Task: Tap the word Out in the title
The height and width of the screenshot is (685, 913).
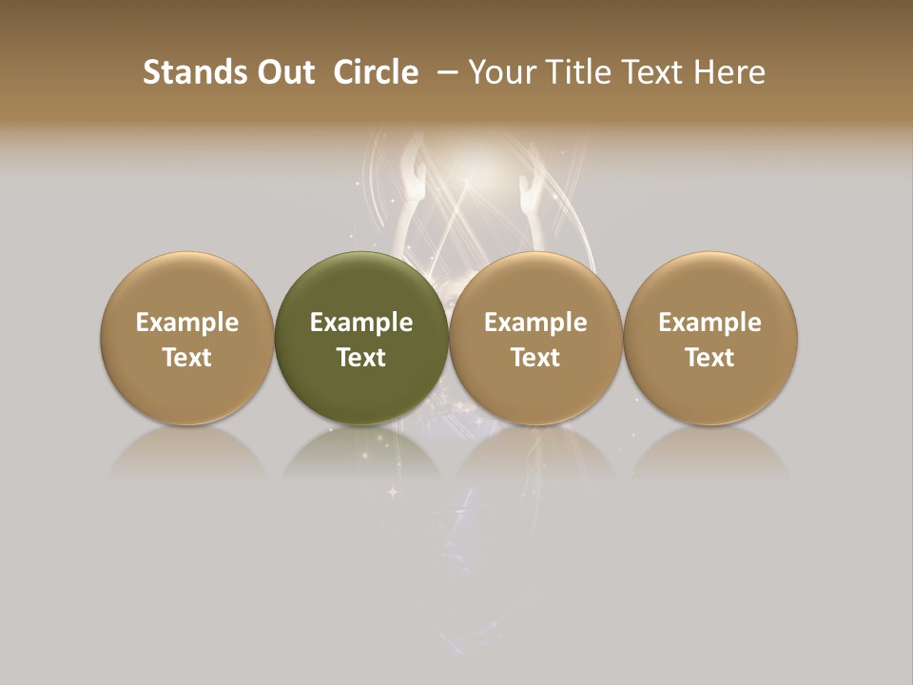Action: point(283,72)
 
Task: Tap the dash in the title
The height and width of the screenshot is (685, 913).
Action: point(445,72)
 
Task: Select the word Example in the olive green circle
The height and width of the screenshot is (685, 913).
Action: point(361,323)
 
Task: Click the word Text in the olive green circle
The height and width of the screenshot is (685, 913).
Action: point(361,358)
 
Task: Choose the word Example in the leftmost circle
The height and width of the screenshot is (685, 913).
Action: point(187,323)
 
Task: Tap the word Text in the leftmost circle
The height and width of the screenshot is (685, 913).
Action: point(187,358)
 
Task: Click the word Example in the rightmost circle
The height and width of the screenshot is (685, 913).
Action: point(709,323)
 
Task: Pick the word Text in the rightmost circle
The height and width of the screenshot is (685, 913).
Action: point(709,358)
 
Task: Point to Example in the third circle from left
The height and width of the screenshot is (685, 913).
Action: point(535,323)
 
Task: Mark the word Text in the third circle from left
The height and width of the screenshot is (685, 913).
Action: point(535,358)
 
